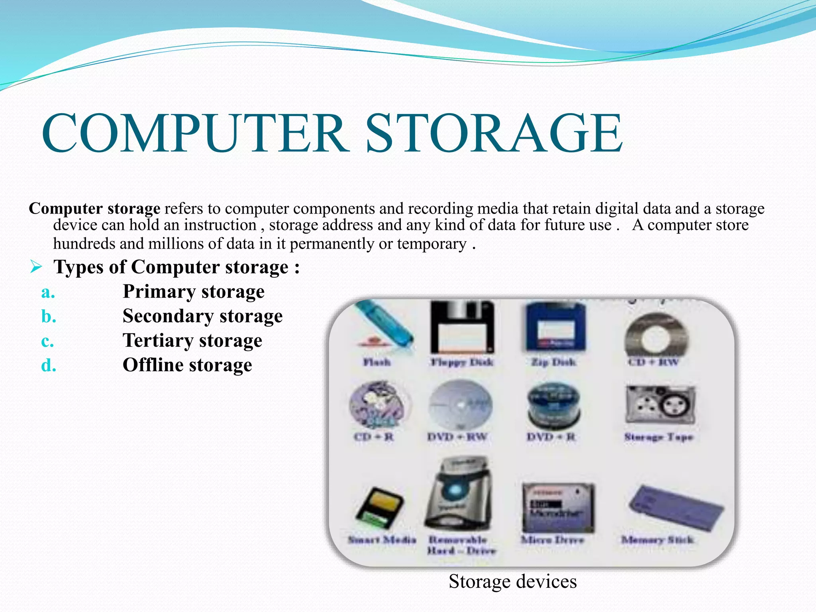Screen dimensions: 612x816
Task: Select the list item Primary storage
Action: coord(193,292)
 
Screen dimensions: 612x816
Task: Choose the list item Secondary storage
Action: coord(202,316)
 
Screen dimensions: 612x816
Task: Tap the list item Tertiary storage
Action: coord(192,341)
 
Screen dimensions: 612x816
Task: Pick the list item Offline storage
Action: coord(187,365)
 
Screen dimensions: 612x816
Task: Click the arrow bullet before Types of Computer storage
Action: coord(36,267)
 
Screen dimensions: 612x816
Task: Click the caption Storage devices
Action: coord(512,581)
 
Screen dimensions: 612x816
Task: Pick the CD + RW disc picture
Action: coord(656,335)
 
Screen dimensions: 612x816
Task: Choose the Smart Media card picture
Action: coord(379,508)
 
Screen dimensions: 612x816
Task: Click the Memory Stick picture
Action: coord(676,508)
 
